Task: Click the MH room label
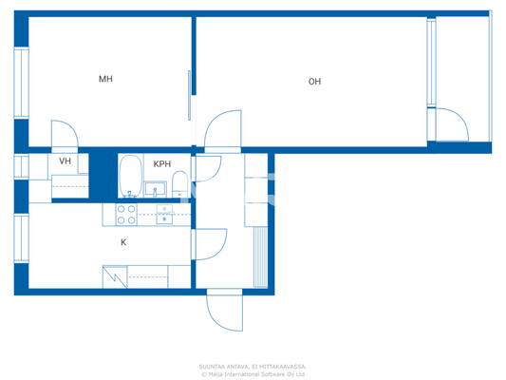[x=106, y=80]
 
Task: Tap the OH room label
[x=314, y=82]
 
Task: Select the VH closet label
[x=65, y=161]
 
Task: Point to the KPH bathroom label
[x=162, y=163]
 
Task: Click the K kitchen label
[x=123, y=242]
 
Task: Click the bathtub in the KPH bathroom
[x=131, y=177]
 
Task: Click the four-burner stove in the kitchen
[x=124, y=215]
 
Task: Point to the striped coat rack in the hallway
[x=258, y=256]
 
